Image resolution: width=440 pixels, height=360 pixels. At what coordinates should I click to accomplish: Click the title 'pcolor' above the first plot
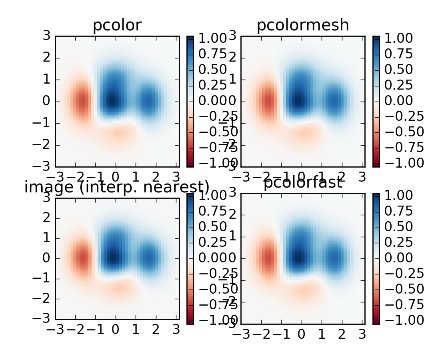click(x=117, y=26)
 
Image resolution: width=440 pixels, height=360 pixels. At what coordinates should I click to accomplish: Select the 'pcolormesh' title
click(x=302, y=26)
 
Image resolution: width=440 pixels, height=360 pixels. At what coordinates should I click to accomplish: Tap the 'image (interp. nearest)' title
click(x=117, y=187)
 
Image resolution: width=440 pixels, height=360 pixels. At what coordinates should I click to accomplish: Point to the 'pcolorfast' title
click(x=302, y=183)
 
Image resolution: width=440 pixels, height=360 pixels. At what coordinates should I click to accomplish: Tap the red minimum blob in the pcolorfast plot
click(x=268, y=258)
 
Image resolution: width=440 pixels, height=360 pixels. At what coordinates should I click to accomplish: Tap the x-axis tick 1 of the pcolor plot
click(x=136, y=176)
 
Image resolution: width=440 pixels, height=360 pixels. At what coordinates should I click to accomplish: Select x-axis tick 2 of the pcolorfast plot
click(x=341, y=334)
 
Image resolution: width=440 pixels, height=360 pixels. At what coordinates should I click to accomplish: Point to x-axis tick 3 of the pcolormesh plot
click(x=362, y=176)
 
